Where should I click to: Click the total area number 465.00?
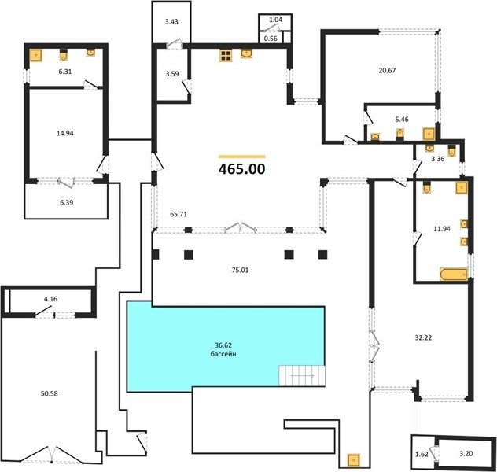click(242, 169)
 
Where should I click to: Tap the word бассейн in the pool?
click(223, 354)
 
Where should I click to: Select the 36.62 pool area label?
click(223, 345)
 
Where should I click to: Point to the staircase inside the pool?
click(302, 376)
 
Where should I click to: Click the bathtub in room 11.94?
click(454, 275)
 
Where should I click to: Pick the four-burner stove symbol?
click(226, 55)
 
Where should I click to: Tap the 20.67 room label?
click(387, 70)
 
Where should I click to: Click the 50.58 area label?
click(49, 393)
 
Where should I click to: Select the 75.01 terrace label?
click(241, 270)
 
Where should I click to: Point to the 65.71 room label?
click(179, 214)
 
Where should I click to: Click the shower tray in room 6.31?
click(36, 55)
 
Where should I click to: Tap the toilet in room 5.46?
click(400, 134)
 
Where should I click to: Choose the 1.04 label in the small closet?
click(275, 20)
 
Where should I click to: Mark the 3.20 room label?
click(466, 454)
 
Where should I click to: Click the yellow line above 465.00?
click(242, 157)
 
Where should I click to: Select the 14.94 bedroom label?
click(65, 133)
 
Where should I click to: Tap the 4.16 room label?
click(50, 299)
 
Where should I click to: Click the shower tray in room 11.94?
click(462, 187)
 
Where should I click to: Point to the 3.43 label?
click(171, 21)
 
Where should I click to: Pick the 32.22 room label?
click(423, 338)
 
